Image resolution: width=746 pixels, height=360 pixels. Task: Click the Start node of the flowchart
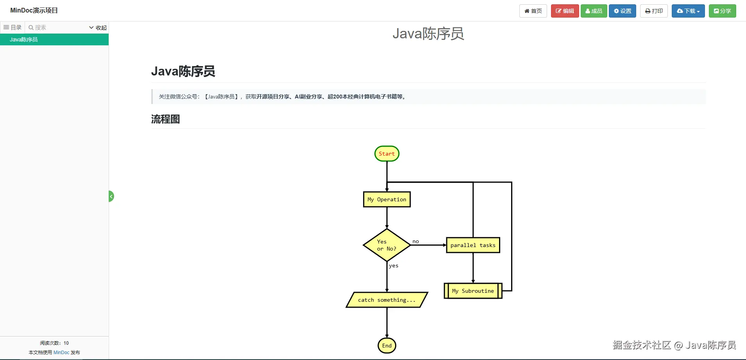[x=387, y=154]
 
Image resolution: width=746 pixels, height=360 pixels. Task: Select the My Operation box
[x=387, y=199]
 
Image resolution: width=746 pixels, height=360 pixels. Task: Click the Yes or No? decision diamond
[x=387, y=245]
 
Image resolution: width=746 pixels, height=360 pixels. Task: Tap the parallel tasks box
[x=473, y=245]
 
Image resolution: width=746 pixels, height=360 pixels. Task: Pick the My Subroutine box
[x=473, y=291]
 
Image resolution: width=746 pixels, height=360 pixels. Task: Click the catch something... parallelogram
[x=387, y=300]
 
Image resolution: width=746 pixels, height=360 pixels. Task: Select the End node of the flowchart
[x=387, y=346]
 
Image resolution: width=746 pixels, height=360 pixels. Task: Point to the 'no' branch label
[x=416, y=242]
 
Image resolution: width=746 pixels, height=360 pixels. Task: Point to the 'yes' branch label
[x=394, y=266]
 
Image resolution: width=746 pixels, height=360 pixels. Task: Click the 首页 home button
[x=533, y=11]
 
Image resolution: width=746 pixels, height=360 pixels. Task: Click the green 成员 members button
[x=594, y=11]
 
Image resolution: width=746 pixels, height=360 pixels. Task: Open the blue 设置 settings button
[x=623, y=11]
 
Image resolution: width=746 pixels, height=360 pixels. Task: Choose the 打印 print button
[x=654, y=11]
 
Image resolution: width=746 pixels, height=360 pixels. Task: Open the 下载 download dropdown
[x=688, y=11]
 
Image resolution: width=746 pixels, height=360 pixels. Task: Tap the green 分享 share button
[x=722, y=11]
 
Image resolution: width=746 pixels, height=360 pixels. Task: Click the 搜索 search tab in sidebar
[x=37, y=27]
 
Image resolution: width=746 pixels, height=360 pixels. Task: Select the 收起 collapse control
[x=98, y=27]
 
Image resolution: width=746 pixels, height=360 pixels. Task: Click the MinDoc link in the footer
[x=61, y=353]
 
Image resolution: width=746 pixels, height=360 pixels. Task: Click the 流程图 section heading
[x=165, y=119]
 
